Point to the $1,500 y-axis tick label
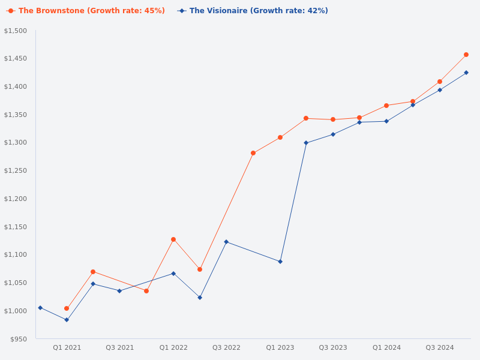click(16, 31)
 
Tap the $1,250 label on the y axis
click(16, 170)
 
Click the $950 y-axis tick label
click(19, 339)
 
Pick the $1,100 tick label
click(16, 254)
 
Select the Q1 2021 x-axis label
click(67, 347)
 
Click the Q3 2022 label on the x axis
click(226, 347)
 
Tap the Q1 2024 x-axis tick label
click(386, 347)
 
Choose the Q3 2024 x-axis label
click(440, 347)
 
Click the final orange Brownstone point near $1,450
click(466, 55)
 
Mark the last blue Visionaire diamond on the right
click(466, 73)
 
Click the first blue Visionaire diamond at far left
click(40, 308)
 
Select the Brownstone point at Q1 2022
click(173, 239)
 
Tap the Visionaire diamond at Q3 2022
click(226, 242)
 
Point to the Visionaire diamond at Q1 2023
click(280, 262)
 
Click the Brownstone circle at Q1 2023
click(280, 137)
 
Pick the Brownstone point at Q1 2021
click(67, 308)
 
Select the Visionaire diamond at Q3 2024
click(440, 90)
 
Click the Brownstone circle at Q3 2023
click(333, 119)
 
